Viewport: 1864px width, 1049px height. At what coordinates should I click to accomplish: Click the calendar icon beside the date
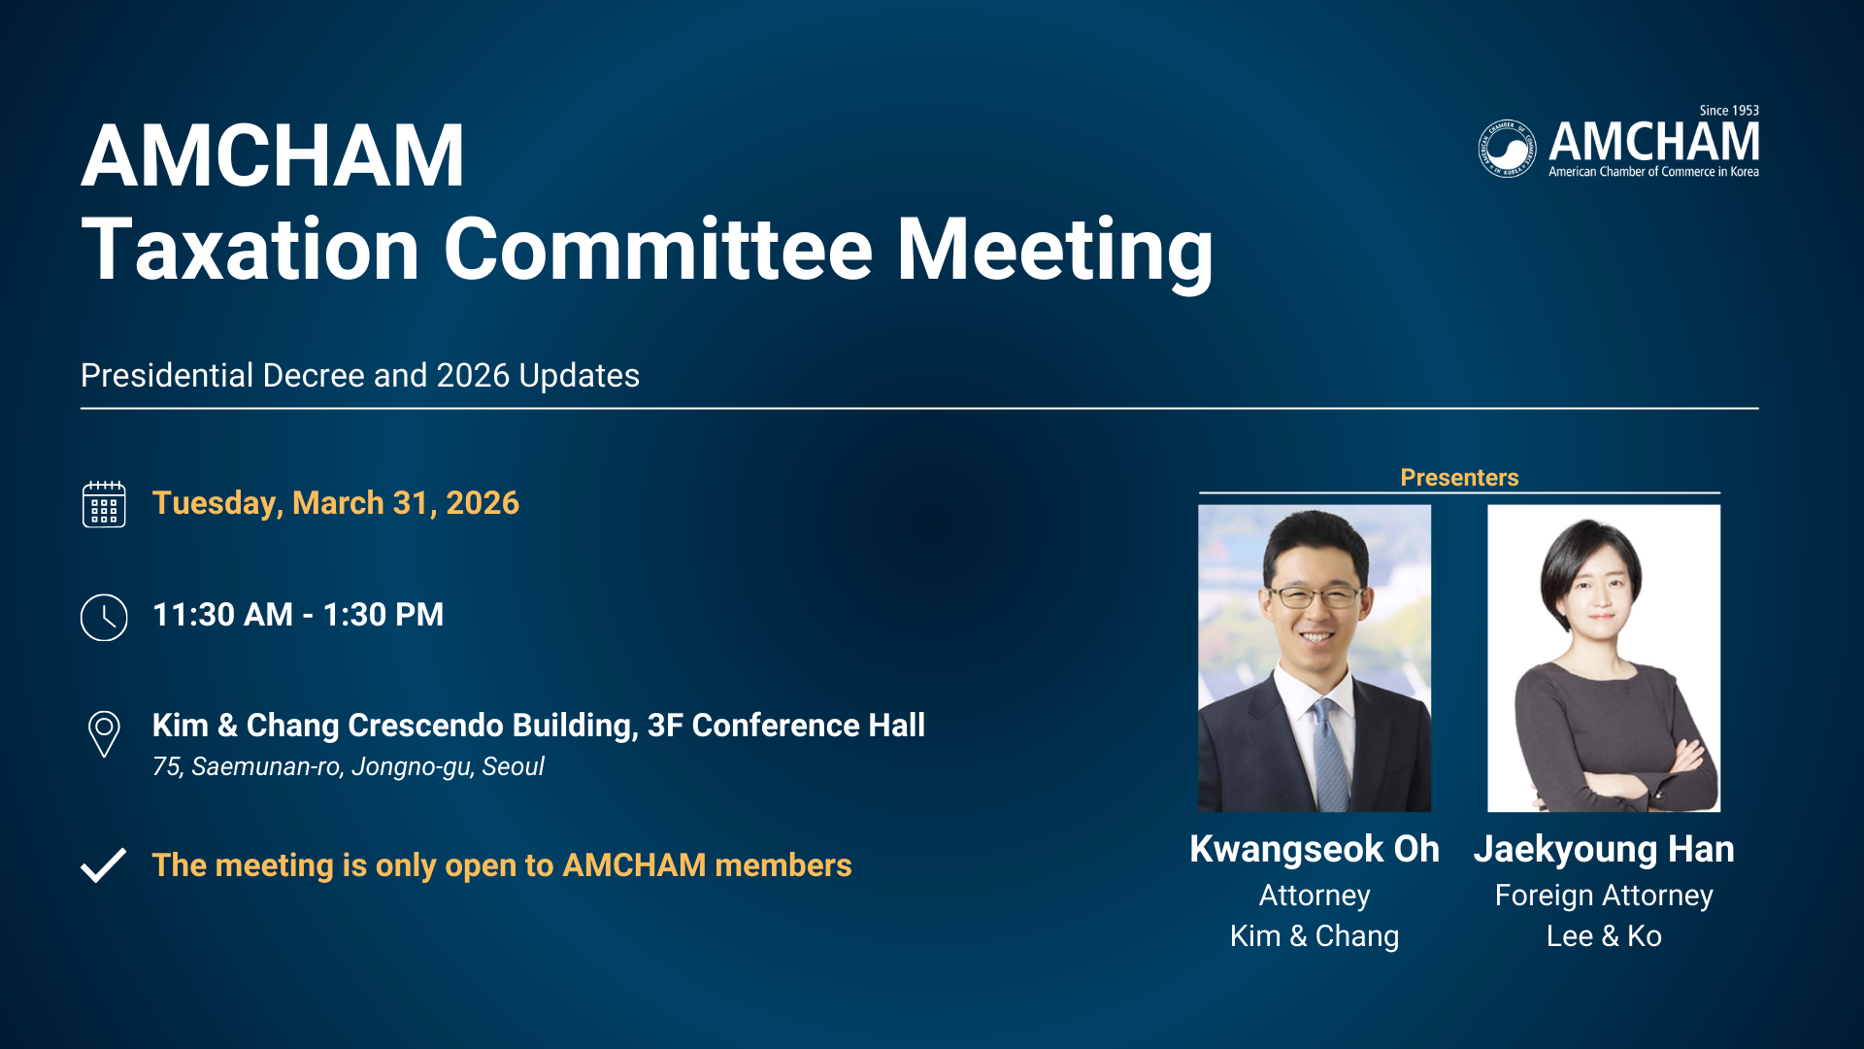[x=104, y=504]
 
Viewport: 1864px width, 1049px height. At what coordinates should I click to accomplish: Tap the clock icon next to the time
[x=104, y=617]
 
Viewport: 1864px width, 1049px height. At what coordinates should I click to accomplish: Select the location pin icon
[x=104, y=734]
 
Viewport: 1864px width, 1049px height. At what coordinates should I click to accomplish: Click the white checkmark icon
[x=103, y=865]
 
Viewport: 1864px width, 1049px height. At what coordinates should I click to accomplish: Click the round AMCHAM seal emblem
[x=1507, y=149]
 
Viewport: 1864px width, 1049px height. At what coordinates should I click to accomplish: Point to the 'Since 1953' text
[x=1729, y=111]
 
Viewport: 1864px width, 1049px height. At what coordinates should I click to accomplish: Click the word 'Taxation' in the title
[x=250, y=250]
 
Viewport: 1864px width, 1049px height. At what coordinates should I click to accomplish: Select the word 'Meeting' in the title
[x=1054, y=253]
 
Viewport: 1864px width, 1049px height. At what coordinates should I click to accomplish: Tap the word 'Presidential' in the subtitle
[x=167, y=375]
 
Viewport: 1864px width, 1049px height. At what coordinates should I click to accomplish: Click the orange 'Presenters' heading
[x=1459, y=477]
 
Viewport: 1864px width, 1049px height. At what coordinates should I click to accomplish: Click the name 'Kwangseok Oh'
[x=1315, y=849]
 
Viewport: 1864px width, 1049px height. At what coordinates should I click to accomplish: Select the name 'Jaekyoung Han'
[x=1604, y=850]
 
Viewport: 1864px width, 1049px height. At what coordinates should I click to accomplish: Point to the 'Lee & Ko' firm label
[x=1604, y=935]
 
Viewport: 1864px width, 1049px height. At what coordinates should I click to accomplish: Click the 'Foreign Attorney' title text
[x=1604, y=896]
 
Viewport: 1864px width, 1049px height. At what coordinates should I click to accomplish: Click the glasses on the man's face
[x=1315, y=596]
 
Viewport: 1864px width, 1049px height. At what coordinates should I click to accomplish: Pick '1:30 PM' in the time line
[x=383, y=615]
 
